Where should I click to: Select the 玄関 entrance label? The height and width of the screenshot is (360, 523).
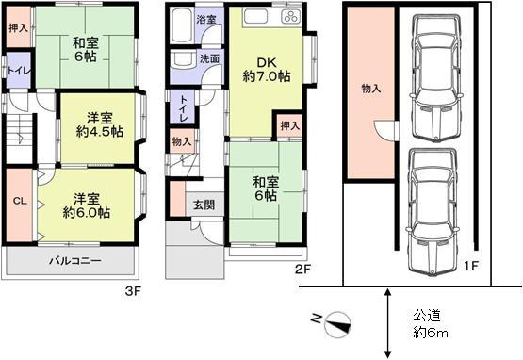(x=204, y=205)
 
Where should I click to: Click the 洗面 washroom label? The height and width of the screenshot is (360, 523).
(x=208, y=58)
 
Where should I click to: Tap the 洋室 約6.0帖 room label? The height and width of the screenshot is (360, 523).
(x=90, y=205)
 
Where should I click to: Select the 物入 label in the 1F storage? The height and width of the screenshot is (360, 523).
(x=370, y=89)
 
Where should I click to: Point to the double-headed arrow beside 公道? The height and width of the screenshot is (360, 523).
(x=389, y=319)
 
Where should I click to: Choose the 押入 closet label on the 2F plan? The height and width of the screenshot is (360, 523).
(x=289, y=125)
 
